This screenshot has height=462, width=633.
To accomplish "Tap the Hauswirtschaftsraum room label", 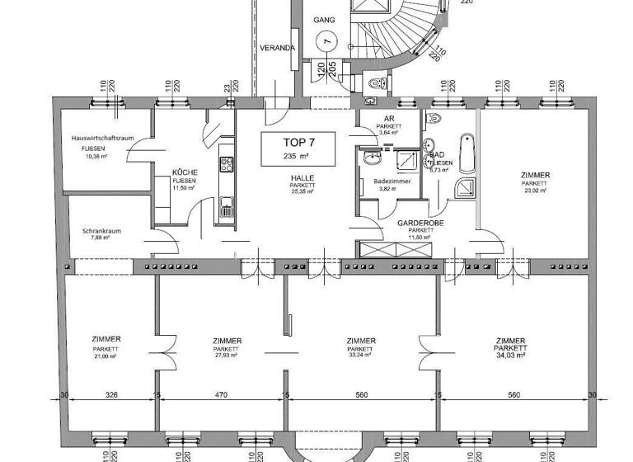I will point(102,139).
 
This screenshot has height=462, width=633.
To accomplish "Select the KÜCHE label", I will point(183,172).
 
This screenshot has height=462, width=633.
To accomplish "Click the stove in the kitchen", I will point(225,164).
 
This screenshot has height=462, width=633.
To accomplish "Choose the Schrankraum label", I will point(101,231).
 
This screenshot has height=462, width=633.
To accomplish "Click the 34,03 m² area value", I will point(511,355).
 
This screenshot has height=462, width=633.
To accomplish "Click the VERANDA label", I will point(277,49).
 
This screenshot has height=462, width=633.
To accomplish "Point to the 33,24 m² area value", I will point(361,356).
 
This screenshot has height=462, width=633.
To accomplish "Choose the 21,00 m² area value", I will point(107,356).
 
